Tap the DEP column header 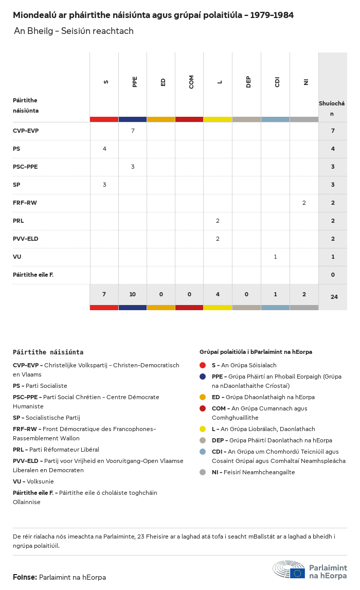(248, 82)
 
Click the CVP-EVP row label (26, 131)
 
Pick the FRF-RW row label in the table (25, 203)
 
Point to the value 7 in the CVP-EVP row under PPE (133, 131)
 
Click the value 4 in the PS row (104, 149)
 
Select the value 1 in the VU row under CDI (275, 257)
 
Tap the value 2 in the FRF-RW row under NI (304, 203)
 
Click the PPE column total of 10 (133, 294)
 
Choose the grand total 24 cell (333, 297)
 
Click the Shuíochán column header (332, 108)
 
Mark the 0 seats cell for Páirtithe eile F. (333, 275)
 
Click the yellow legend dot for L (203, 429)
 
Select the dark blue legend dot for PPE (203, 377)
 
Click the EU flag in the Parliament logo (297, 573)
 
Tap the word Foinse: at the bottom (25, 577)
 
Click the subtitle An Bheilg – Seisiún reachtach (74, 31)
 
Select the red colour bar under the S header (104, 119)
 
